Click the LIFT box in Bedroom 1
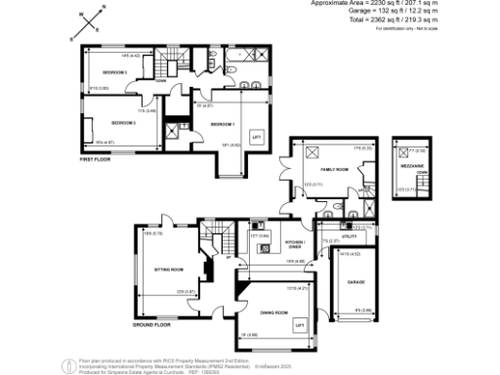tap(257, 138)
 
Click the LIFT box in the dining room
tap(300, 323)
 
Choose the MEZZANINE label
tap(414, 167)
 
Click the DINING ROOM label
tap(273, 312)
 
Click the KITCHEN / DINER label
tap(294, 243)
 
